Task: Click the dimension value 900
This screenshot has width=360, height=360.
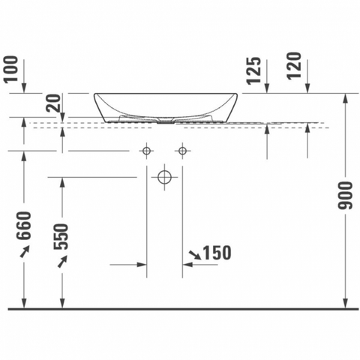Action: point(345,196)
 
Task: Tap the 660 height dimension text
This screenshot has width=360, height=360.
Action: point(24,225)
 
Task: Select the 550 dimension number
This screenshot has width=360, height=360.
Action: point(61,236)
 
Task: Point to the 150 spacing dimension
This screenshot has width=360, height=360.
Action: point(217,253)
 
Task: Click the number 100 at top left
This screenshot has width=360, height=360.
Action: point(12,69)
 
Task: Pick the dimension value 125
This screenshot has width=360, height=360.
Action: point(254,70)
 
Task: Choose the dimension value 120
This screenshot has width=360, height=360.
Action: point(294,66)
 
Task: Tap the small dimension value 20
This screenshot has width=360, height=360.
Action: point(54,103)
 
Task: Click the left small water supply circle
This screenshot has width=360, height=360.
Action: point(146,151)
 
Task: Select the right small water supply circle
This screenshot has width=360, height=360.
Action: point(182,151)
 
